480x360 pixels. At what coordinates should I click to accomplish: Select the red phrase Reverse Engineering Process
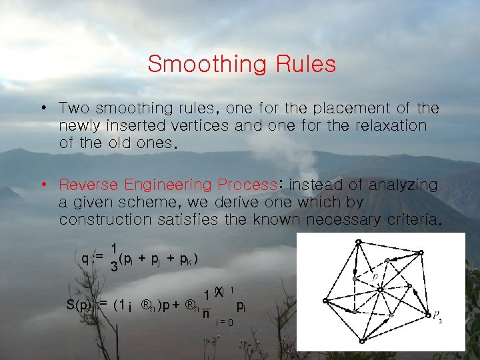[167, 185]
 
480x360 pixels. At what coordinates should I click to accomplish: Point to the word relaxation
[385, 125]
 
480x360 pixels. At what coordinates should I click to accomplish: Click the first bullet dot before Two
[42, 108]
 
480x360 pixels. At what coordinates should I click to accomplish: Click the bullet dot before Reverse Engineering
[42, 185]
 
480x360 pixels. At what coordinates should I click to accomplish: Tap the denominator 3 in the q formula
[114, 267]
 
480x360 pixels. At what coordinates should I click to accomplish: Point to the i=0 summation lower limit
[224, 323]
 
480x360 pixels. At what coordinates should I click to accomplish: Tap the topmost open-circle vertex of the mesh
[359, 241]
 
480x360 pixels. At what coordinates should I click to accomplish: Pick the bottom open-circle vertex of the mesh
[361, 341]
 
